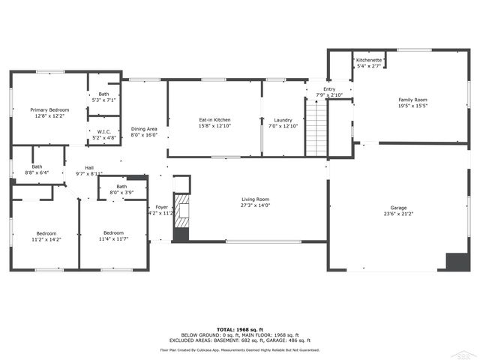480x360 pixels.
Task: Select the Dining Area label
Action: coord(144,129)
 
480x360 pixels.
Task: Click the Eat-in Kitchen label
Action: coord(214,120)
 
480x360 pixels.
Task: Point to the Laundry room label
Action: coord(283,120)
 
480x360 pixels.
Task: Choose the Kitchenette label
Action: coord(369,60)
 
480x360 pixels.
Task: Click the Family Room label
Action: coord(412,100)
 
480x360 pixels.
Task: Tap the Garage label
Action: coord(398,208)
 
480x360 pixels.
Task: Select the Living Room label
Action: coord(255,199)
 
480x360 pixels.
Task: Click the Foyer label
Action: coord(161,207)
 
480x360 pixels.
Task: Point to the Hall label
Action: coord(89,168)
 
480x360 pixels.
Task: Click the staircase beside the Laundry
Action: coord(316,127)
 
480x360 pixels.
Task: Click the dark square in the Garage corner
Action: coord(456,261)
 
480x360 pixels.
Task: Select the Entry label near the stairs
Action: coord(329,89)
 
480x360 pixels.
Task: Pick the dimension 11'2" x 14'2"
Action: coord(46,240)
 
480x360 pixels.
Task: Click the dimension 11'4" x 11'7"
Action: coord(114,238)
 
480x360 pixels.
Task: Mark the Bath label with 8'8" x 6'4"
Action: coord(37,166)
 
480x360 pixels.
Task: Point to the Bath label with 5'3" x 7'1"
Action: coord(104,94)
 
